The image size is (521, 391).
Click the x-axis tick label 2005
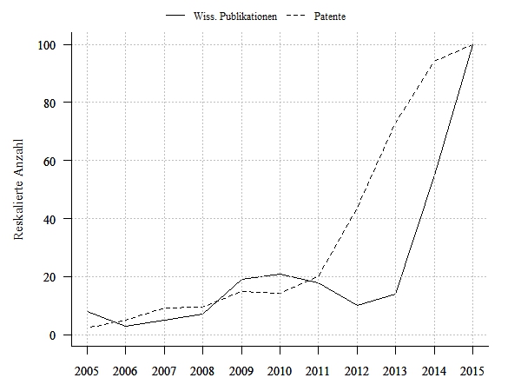pos(88,371)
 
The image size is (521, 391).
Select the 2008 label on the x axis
pos(203,371)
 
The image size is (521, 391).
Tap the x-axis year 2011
pos(319,371)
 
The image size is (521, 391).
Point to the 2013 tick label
pos(395,371)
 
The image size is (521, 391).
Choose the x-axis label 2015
pos(472,371)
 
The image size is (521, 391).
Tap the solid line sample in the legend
pos(176,17)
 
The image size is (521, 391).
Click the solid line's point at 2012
pos(357,305)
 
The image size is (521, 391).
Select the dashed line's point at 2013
pos(395,124)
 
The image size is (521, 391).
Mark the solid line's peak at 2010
pos(280,274)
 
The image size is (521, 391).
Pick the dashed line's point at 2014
pos(433,61)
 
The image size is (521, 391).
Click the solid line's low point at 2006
pos(126,326)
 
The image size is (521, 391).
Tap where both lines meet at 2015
pos(472,44)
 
